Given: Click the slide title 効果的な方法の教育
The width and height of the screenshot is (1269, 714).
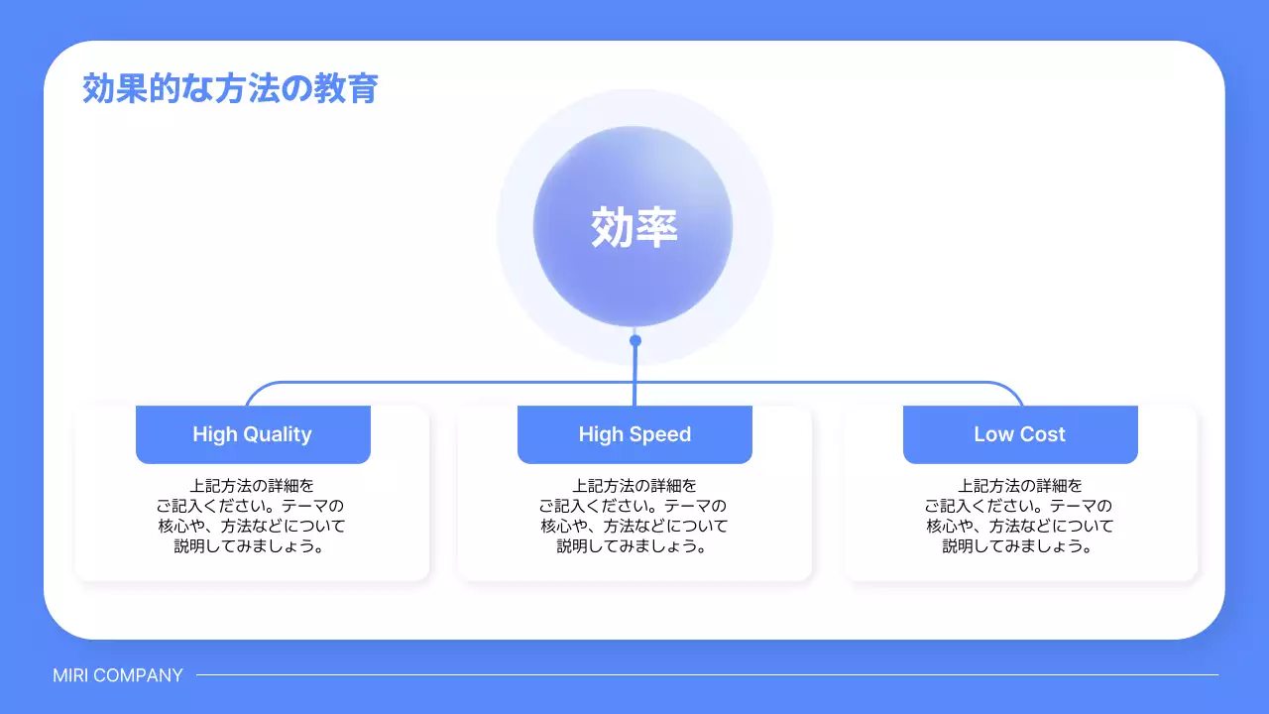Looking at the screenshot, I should (x=230, y=89).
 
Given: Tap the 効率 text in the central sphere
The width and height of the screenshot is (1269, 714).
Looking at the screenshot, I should (x=634, y=227).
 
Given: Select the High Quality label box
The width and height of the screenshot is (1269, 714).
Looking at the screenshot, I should (x=253, y=434).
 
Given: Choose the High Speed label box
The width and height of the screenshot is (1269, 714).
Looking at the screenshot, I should (x=634, y=434).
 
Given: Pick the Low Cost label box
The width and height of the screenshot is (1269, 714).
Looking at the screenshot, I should (x=1020, y=434).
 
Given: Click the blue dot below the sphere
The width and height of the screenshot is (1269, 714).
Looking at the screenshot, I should (x=635, y=340).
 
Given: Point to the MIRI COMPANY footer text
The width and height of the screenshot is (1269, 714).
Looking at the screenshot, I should (x=118, y=675).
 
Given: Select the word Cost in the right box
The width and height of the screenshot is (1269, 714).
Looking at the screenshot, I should (x=1042, y=434).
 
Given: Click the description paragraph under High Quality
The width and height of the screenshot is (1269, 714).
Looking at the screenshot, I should (x=252, y=516).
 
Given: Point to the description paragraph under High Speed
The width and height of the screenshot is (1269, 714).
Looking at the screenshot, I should (x=634, y=516).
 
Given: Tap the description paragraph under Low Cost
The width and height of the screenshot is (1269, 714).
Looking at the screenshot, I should (x=1020, y=516).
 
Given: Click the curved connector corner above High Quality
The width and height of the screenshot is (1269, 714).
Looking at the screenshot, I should (x=254, y=390).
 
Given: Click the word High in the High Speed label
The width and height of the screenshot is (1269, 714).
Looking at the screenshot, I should (x=601, y=434).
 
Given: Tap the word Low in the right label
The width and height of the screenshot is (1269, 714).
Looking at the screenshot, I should (x=993, y=434).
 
